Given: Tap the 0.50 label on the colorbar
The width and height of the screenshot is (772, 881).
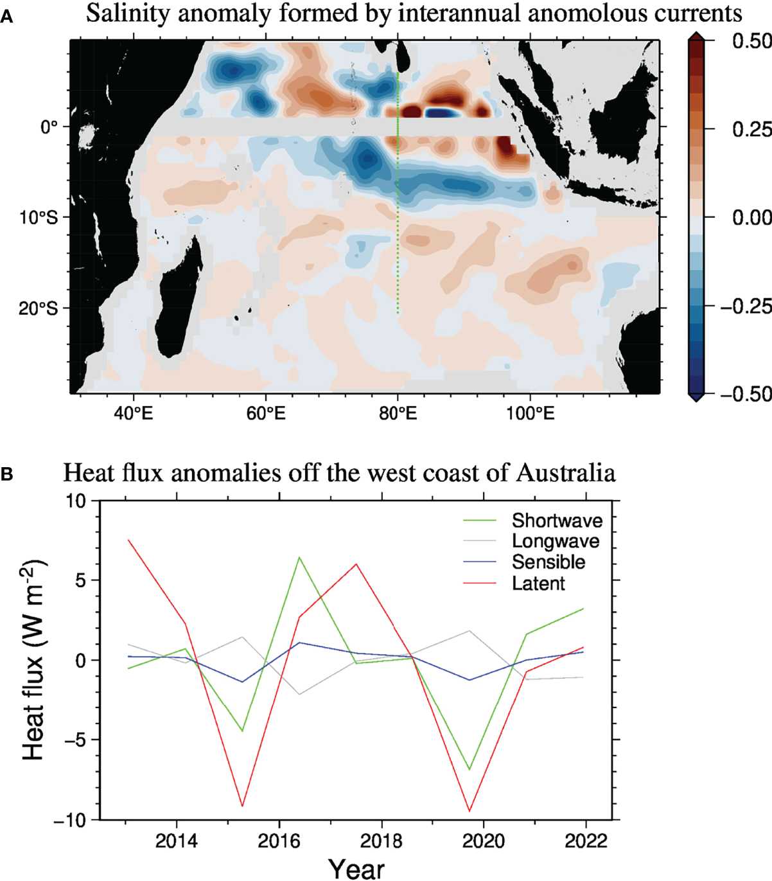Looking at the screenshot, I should (750, 41).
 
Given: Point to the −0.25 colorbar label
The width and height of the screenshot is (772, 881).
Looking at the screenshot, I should (745, 306).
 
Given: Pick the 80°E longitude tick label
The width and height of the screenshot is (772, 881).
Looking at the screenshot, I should (398, 413).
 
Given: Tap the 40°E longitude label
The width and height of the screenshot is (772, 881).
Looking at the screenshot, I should (133, 413).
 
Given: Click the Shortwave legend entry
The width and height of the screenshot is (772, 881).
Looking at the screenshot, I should (556, 521).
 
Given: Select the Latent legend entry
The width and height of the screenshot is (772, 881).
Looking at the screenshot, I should (538, 583).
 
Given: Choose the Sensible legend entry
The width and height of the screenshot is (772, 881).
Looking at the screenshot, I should (548, 562).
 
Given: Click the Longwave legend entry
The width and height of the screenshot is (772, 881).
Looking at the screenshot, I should (555, 541).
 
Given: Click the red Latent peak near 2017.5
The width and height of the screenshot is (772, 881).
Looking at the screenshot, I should (356, 564).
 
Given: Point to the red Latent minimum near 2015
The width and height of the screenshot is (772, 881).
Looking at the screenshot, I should (242, 806).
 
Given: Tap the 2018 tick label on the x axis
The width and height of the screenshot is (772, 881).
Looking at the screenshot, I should (382, 841).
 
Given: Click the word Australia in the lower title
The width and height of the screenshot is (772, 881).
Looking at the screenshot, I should (565, 474).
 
